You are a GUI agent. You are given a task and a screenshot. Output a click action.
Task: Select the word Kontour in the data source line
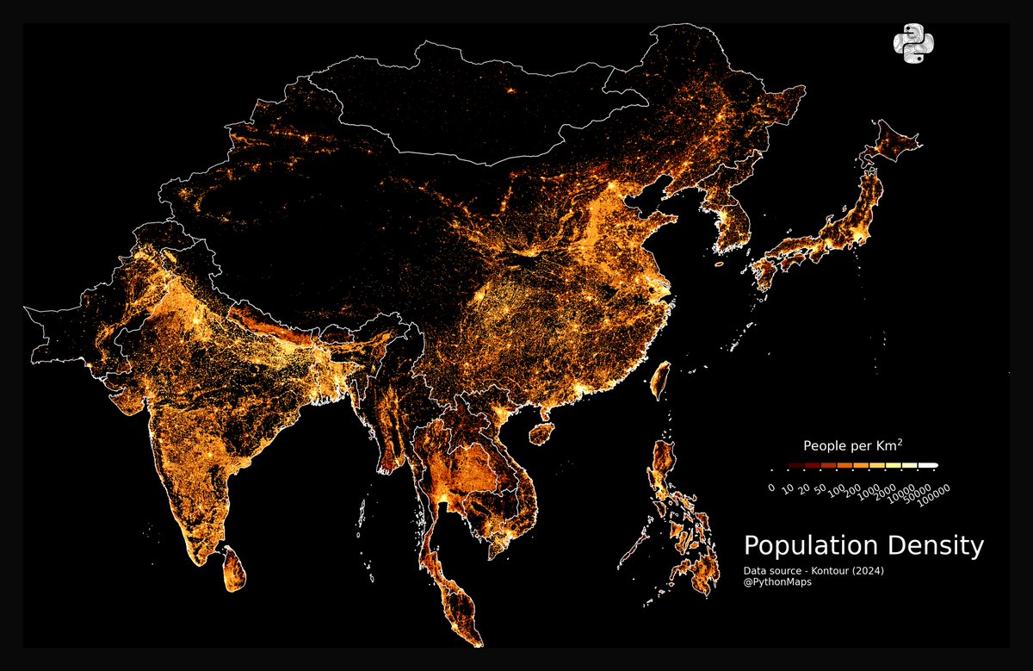click(838, 571)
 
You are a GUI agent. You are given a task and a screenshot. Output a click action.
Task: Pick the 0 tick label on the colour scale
click(772, 487)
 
